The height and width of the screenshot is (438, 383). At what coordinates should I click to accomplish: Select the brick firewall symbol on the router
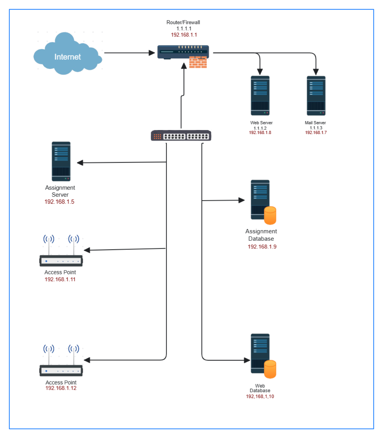(198, 62)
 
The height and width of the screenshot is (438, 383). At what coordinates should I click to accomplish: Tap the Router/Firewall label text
(183, 22)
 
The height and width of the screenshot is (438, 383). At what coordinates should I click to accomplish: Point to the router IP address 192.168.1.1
(184, 35)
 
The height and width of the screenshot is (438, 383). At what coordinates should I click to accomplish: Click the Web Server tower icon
(260, 96)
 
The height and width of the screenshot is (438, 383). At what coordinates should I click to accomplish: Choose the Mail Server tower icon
(316, 96)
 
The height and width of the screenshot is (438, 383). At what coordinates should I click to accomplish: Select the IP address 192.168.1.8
(260, 133)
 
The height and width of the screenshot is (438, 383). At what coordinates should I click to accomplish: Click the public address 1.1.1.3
(316, 128)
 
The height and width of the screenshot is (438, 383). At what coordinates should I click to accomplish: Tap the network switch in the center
(181, 136)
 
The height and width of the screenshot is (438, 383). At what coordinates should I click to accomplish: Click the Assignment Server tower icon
(61, 161)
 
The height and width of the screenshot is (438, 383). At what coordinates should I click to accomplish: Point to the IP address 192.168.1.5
(59, 202)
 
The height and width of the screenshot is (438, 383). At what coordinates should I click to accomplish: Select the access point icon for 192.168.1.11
(61, 253)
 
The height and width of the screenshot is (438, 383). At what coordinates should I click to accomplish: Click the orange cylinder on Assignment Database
(270, 215)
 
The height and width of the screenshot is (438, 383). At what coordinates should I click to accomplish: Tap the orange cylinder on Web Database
(270, 369)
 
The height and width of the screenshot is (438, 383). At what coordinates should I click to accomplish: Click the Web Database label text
(260, 388)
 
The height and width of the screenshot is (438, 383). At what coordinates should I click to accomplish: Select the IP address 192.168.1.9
(262, 247)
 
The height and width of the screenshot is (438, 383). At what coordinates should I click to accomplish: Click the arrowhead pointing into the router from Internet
(152, 53)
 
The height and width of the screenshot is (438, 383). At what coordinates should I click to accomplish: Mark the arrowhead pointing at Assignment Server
(80, 163)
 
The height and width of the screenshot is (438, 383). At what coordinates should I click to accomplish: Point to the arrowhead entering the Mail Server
(316, 72)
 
